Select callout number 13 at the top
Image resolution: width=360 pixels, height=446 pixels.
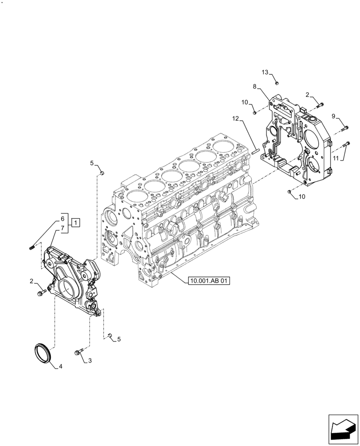coord(264,72)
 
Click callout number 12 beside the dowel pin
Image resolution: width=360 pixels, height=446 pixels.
coord(236,119)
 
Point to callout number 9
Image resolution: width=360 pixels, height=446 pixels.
coord(334,116)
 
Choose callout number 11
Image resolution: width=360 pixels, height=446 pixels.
coord(335,157)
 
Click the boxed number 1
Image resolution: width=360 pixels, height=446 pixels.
coord(76,222)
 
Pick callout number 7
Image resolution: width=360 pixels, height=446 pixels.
coord(63,227)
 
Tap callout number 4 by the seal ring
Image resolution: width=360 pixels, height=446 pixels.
coord(60,367)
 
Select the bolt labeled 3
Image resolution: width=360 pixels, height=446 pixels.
coord(79,353)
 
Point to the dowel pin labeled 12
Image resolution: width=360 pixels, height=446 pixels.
coord(255,150)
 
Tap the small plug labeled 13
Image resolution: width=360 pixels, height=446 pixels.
coord(276,83)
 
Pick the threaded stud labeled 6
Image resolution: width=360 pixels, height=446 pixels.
coord(32,246)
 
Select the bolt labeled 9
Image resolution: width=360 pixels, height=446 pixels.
coord(344,129)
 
